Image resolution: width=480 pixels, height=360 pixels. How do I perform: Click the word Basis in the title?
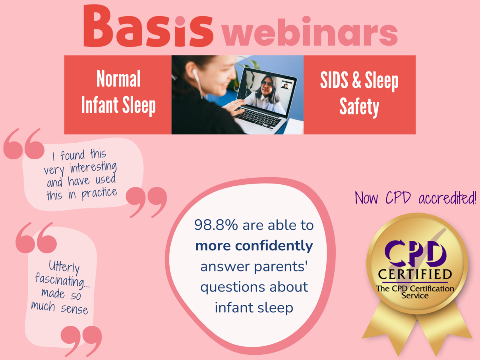coord(148,26)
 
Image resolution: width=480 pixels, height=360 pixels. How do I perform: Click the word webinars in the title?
coord(310,31)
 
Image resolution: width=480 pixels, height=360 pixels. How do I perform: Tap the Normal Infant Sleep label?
coord(118,92)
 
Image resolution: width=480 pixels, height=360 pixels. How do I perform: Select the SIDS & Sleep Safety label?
coord(359,94)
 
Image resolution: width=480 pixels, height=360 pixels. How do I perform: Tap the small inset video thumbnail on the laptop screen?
coord(286,85)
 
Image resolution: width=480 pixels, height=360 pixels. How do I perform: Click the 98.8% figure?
coord(216,225)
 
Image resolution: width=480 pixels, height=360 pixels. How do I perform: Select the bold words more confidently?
coord(254,246)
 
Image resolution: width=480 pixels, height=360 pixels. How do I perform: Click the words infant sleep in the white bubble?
coord(254,308)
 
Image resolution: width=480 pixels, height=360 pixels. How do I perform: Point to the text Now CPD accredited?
coord(415,198)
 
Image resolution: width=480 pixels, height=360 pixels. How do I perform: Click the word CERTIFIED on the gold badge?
coord(415,274)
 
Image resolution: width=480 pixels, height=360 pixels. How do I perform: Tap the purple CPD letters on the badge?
coord(415,254)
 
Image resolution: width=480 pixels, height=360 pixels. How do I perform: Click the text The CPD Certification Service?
coord(415,292)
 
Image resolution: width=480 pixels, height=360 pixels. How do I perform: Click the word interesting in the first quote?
coord(93,168)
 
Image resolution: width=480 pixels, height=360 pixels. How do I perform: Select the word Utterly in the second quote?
coord(64,267)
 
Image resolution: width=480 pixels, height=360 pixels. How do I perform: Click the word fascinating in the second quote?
coord(62,280)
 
